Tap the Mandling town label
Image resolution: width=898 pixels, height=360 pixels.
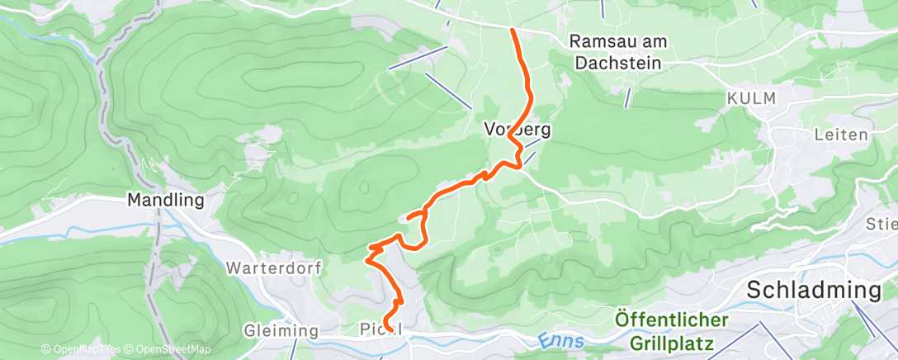[165, 200]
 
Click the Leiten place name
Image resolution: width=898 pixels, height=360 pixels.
[840, 135]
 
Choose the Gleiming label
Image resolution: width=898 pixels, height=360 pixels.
[281, 331]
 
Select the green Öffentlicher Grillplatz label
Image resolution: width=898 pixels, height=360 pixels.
[671, 329]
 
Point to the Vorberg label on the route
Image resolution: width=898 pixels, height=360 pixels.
[518, 130]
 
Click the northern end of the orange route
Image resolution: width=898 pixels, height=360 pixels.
[513, 31]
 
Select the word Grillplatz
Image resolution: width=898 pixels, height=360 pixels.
[672, 340]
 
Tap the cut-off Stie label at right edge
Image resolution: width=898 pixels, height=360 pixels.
[881, 224]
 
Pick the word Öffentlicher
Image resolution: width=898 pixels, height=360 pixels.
[671, 320]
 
